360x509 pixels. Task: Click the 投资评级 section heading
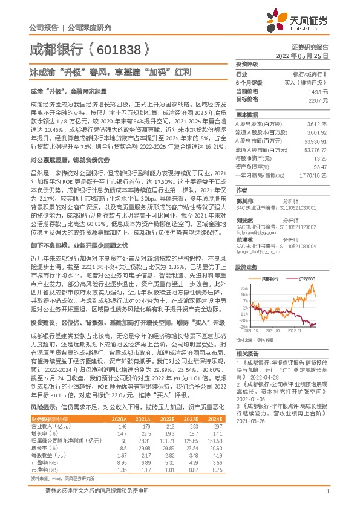tap(247, 63)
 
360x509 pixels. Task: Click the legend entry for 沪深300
tap(306, 277)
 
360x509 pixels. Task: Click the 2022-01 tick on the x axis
tap(295, 331)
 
